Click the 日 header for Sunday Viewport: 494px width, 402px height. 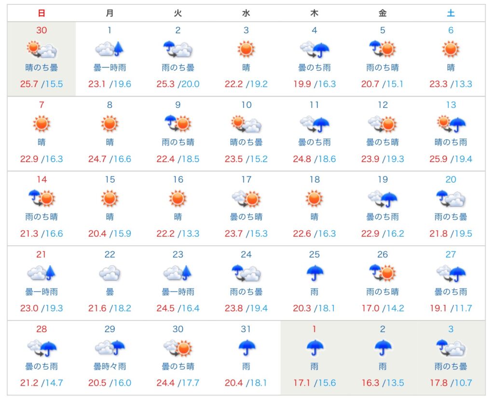pos(41,13)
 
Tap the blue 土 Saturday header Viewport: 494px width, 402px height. pos(451,13)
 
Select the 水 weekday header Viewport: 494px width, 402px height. pos(246,13)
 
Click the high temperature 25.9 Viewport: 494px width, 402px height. pos(439,159)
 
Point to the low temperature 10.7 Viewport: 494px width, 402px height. pos(462,383)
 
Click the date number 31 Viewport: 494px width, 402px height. pos(246,329)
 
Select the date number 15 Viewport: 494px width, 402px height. pos(110,180)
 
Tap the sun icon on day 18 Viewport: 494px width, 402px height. pos(314,198)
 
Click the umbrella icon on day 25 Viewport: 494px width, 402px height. pos(314,273)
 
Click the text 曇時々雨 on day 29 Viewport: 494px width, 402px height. pos(110,367)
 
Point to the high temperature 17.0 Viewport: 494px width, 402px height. pos(370,308)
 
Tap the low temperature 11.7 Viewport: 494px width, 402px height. pos(462,308)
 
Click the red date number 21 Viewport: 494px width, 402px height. pos(41,255)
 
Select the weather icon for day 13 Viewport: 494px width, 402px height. pos(451,124)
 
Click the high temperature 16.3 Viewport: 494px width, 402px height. pos(370,383)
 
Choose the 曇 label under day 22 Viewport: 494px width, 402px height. pos(110,292)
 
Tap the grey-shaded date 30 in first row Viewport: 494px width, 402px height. pos(41,30)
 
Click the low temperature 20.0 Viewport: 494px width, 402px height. pos(190,84)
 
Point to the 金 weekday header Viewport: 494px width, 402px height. pos(383,13)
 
